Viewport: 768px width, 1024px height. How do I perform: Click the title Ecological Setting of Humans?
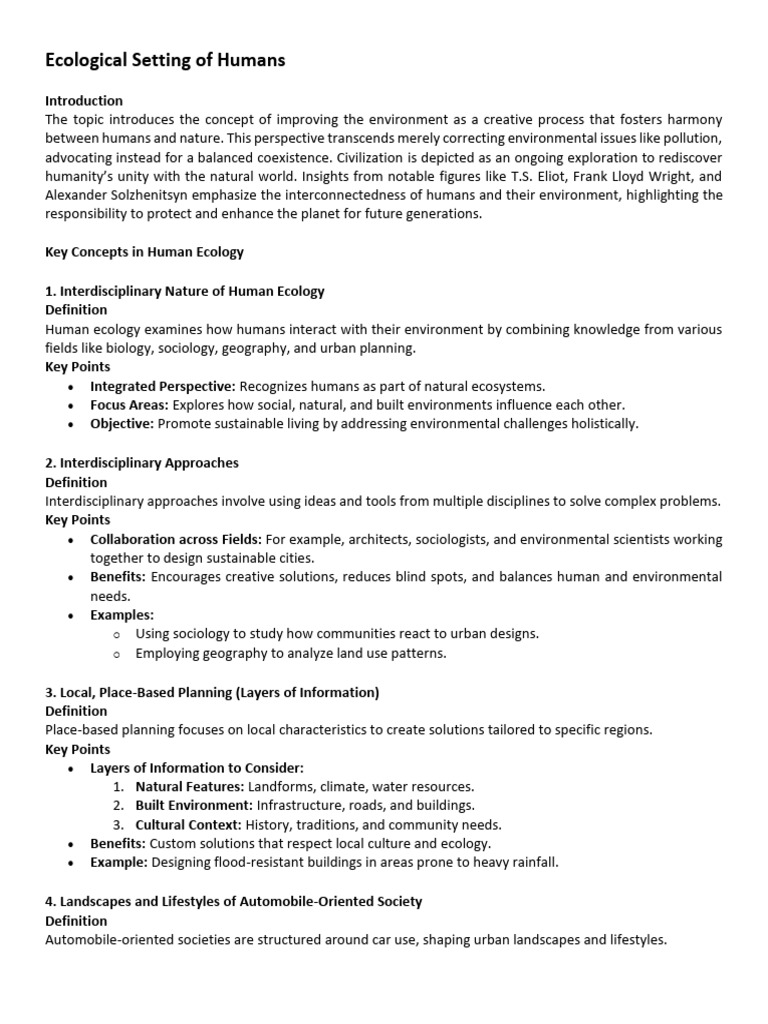click(x=165, y=61)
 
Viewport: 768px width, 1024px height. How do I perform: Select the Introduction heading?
click(x=84, y=101)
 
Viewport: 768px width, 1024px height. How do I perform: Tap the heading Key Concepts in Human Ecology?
click(x=144, y=253)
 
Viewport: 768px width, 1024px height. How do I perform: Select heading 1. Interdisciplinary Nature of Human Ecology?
click(x=185, y=291)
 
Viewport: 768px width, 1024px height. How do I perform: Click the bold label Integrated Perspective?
click(x=163, y=386)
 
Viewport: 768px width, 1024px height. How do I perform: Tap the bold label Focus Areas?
click(x=129, y=405)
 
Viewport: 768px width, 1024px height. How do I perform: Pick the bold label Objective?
click(x=122, y=424)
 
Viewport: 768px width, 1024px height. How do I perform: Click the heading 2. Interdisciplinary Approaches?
click(x=142, y=463)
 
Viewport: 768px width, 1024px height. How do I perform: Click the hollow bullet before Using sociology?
click(x=117, y=634)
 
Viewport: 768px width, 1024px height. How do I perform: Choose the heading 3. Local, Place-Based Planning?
click(x=212, y=692)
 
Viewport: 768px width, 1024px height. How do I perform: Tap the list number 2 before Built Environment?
click(x=118, y=806)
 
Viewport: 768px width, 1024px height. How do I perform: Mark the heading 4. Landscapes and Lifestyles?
click(x=234, y=901)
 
